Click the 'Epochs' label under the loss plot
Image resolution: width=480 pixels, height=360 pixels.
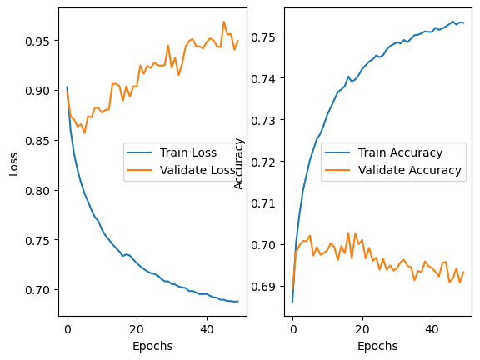tap(152, 345)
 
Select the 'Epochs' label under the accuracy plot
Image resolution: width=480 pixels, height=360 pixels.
tap(378, 345)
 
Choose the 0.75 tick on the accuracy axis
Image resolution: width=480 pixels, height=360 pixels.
tap(265, 37)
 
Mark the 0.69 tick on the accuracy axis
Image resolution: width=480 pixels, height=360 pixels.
tap(265, 287)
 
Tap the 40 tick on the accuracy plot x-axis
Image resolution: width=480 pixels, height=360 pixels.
tap(432, 329)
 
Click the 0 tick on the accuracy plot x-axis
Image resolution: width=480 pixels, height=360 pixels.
tap(292, 329)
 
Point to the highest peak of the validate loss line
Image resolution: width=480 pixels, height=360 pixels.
tap(224, 22)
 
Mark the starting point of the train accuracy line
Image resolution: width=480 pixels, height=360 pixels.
tap(292, 302)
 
